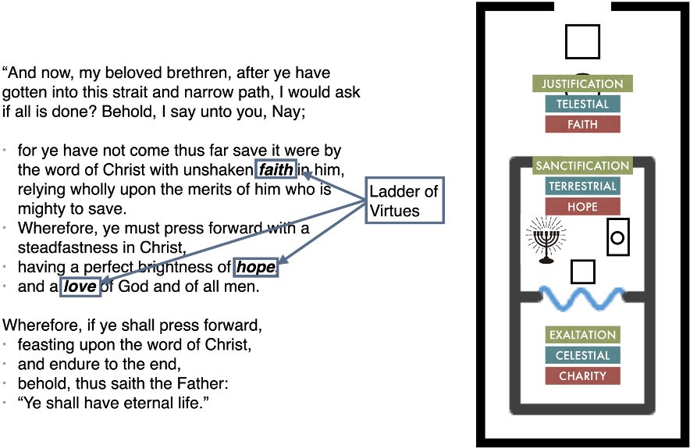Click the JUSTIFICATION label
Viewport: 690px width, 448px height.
tap(582, 84)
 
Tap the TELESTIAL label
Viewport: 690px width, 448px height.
tap(582, 104)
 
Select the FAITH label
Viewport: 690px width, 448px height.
tap(582, 124)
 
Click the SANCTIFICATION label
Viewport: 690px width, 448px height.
tap(582, 165)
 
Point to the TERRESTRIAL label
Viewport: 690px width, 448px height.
tap(582, 187)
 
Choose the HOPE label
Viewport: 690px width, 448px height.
tap(582, 207)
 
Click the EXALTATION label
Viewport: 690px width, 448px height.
tap(582, 335)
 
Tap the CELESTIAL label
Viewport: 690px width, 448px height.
tap(582, 355)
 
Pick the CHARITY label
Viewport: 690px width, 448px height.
tap(582, 375)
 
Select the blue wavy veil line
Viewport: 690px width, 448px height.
tap(582, 297)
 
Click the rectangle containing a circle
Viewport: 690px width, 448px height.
tap(617, 237)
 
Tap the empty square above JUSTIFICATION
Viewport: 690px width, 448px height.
tap(582, 41)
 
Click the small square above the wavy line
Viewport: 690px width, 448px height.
tap(582, 272)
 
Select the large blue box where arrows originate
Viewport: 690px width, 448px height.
tap(404, 201)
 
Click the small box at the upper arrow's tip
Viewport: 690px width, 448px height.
tap(276, 169)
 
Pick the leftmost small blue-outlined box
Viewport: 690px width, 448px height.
tap(80, 286)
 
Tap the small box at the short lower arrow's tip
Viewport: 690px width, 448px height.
tap(255, 267)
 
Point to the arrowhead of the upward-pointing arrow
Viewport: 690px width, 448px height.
tap(306, 176)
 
